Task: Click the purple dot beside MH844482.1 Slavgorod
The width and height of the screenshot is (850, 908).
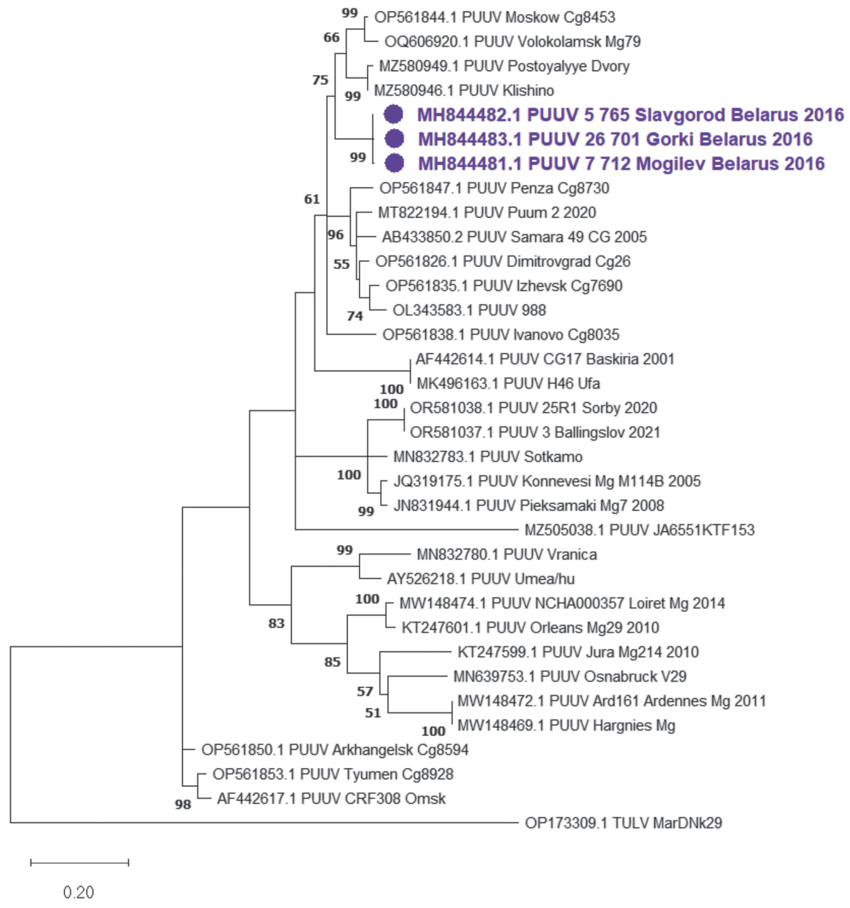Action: coord(393,114)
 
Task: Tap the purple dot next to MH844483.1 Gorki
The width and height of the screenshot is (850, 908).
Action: coord(394,139)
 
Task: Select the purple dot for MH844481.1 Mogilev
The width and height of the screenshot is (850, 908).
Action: coord(394,163)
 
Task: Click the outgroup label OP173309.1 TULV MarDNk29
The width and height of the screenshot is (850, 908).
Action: coord(623,823)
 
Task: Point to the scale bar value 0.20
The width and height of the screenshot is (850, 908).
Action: coord(78,892)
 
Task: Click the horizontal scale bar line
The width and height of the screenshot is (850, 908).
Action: coord(80,863)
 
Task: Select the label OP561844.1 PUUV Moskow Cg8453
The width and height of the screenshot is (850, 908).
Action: coord(495,17)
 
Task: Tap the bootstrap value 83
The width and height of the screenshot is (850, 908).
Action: coord(276,624)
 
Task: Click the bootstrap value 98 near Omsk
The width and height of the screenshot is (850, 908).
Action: coord(183,804)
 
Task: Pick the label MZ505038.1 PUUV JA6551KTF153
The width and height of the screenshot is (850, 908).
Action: coord(639,530)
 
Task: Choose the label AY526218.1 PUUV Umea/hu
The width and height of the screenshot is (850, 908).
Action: coord(480,579)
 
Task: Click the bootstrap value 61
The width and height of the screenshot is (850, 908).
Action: coord(312,199)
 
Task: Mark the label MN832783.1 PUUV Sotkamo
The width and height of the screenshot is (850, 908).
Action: coord(488,457)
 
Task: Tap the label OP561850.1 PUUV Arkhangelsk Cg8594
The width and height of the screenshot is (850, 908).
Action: coord(335,749)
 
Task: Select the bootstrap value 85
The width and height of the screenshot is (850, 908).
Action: coord(332,662)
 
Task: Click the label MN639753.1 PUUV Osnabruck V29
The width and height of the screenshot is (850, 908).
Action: coord(570,676)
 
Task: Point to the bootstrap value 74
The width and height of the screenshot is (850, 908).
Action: coord(355,316)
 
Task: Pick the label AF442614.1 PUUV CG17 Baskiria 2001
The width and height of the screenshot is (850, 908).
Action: coord(545,359)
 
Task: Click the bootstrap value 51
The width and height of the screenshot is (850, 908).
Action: coord(373,713)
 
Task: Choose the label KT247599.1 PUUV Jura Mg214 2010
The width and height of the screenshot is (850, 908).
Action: coord(578,652)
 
